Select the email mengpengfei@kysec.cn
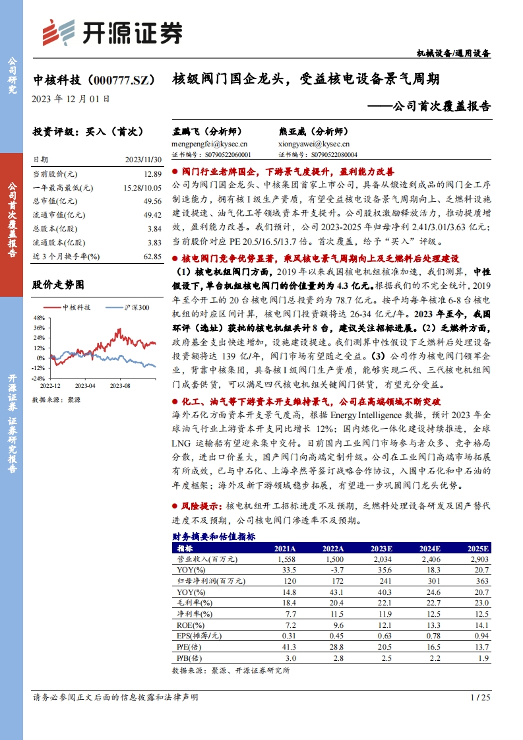tap(209, 143)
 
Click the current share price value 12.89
tap(152, 173)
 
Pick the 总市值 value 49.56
tap(152, 201)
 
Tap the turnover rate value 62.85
tap(152, 256)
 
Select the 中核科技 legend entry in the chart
tap(70, 307)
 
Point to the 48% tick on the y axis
tap(39, 318)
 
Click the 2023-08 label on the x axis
tap(120, 385)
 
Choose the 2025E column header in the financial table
tap(477, 548)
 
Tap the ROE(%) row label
tap(191, 624)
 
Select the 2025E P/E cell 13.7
tap(481, 646)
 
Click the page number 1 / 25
tap(480, 697)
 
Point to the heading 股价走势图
tap(58, 285)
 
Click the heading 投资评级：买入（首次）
tap(88, 132)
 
